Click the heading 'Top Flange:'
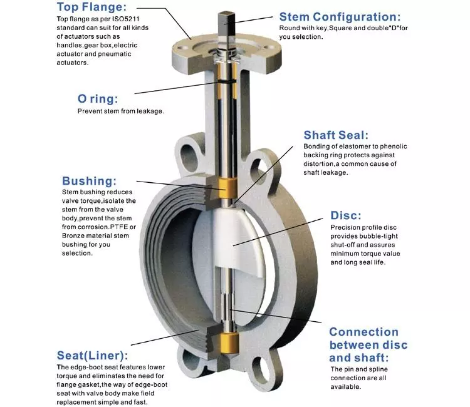pyautogui.click(x=91, y=7)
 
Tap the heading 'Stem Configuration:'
pyautogui.click(x=340, y=17)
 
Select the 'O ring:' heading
pyautogui.click(x=98, y=99)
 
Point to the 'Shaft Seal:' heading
pyautogui.click(x=336, y=135)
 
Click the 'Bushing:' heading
pyautogui.click(x=89, y=181)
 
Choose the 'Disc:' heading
pyautogui.click(x=345, y=215)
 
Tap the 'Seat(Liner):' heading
pyautogui.click(x=92, y=356)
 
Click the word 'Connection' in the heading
pyautogui.click(x=363, y=332)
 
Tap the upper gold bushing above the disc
pyautogui.click(x=227, y=188)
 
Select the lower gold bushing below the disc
pyautogui.click(x=229, y=343)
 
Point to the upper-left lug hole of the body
pyautogui.click(x=188, y=154)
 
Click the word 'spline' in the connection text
pyautogui.click(x=378, y=369)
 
